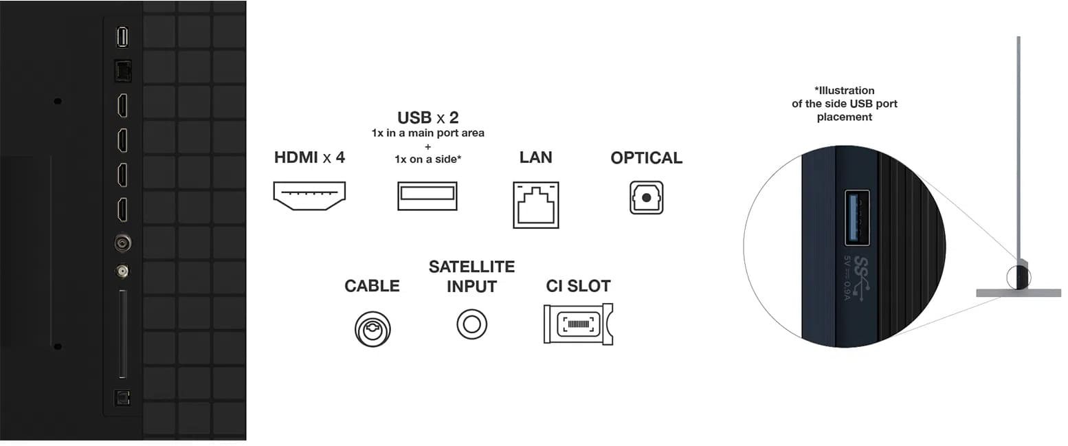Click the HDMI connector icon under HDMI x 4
(309, 194)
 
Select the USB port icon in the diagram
(427, 195)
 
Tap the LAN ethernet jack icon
(535, 205)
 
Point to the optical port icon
(646, 197)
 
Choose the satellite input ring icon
(471, 324)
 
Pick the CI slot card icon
(577, 324)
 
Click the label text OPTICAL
(646, 158)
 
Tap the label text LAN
(535, 157)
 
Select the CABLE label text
(372, 286)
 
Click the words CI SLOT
(578, 286)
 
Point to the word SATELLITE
(471, 267)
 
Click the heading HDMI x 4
(309, 157)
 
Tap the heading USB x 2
(427, 118)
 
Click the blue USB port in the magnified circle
(856, 217)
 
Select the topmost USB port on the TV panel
(122, 37)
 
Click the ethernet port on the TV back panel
(122, 69)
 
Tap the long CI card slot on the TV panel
(122, 334)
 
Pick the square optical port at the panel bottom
(122, 397)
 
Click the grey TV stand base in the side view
(1018, 293)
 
